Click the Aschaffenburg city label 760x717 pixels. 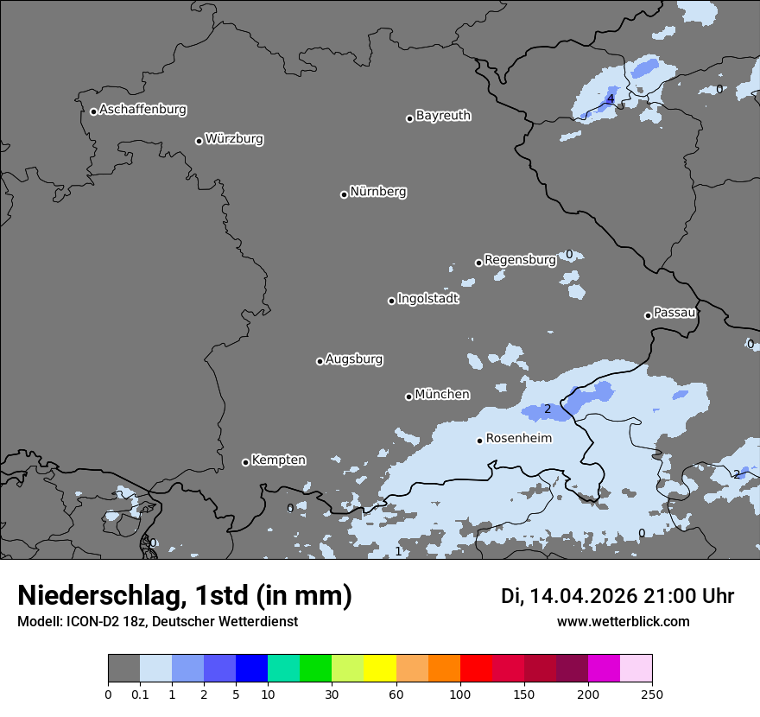tap(142, 110)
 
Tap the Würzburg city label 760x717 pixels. tap(234, 139)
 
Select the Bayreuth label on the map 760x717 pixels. tap(443, 116)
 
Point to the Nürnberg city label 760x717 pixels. tap(377, 192)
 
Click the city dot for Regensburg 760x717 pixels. tap(478, 263)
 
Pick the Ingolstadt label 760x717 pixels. tap(427, 299)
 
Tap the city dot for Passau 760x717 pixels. tap(648, 315)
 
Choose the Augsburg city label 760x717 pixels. tap(354, 359)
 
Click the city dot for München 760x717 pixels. tap(408, 397)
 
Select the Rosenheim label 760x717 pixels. tap(518, 439)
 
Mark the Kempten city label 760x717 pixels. tap(278, 460)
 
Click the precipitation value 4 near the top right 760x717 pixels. tap(611, 99)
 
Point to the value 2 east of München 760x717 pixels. tap(547, 409)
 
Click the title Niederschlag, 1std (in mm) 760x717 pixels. tap(185, 595)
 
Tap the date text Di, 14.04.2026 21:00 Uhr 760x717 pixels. tap(617, 596)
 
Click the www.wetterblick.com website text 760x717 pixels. tap(624, 622)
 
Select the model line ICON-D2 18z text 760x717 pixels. tap(157, 622)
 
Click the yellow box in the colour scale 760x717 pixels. tap(380, 669)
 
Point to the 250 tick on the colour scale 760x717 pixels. tap(652, 694)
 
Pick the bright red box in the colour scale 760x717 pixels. tap(476, 669)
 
